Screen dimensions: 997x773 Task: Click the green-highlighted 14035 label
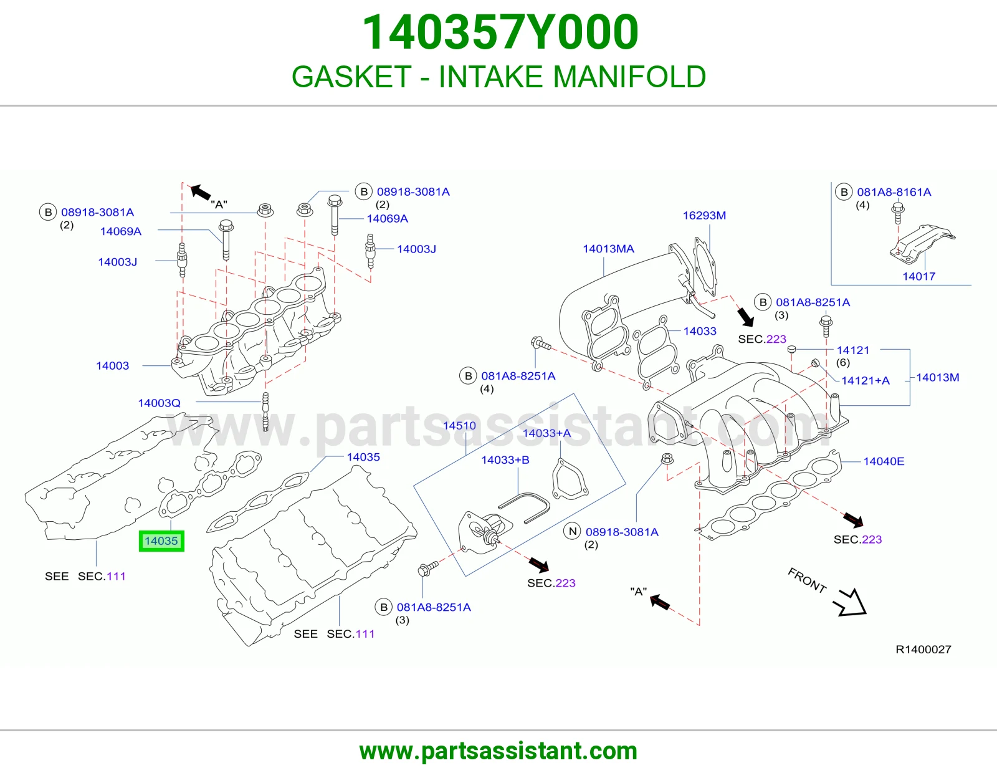point(161,540)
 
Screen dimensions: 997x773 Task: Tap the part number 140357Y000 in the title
point(500,32)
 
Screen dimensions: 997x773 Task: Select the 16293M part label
point(704,215)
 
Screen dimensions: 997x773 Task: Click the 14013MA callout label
point(608,249)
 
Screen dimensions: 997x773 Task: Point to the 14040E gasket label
point(884,461)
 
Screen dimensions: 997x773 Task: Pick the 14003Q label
point(159,403)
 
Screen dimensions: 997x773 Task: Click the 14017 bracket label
point(918,276)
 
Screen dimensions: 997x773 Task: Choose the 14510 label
point(459,426)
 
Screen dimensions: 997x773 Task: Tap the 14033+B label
point(505,460)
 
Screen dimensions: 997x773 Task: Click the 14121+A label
point(866,380)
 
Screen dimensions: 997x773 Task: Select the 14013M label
point(937,377)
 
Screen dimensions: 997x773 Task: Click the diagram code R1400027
point(923,649)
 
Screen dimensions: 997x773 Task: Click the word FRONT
point(807,580)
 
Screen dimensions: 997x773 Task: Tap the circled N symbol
point(573,532)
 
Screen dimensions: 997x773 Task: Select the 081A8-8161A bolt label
point(894,192)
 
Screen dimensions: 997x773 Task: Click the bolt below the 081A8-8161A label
point(898,214)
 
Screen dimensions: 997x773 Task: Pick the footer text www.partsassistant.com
point(499,751)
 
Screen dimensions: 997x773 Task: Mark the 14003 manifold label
point(112,366)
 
